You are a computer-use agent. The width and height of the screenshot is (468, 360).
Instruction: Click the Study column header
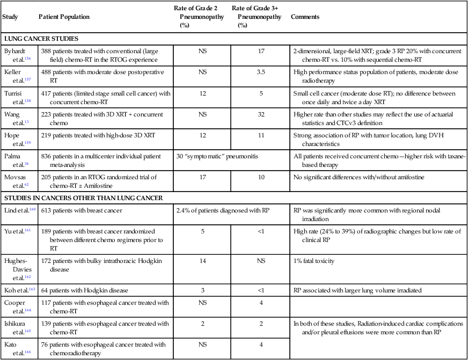(x=11, y=17)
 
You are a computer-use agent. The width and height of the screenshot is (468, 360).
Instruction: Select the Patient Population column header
(x=64, y=17)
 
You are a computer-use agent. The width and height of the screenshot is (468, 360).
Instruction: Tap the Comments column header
(x=305, y=17)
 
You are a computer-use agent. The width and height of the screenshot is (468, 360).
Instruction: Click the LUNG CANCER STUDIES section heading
(x=41, y=39)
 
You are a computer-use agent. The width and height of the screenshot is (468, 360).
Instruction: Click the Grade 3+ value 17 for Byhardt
(x=261, y=51)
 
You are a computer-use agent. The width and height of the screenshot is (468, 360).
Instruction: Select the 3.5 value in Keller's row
(x=261, y=71)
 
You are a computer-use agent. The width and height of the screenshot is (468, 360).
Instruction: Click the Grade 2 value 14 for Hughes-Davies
(x=203, y=261)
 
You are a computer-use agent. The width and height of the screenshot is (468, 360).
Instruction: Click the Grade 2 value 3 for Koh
(x=203, y=290)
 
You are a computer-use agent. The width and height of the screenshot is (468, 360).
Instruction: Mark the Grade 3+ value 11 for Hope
(x=261, y=136)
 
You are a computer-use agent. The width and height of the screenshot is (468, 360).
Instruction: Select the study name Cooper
(x=14, y=303)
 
